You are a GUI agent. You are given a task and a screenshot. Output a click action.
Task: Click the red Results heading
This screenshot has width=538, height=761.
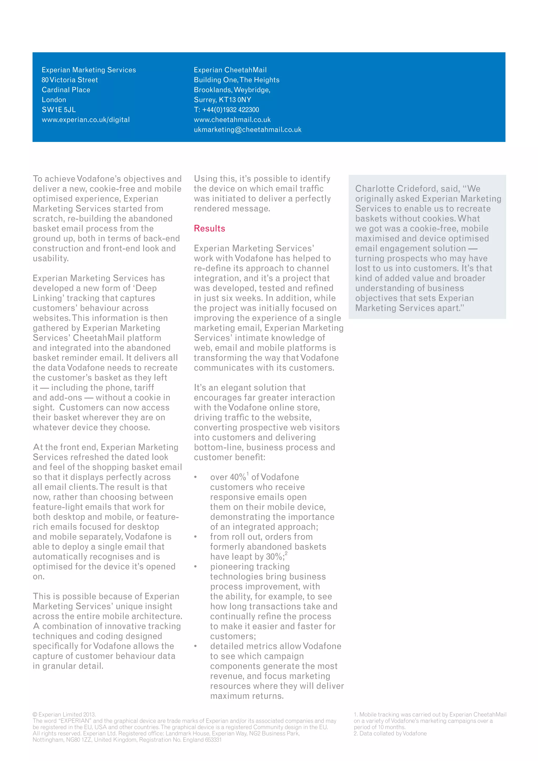point(209,228)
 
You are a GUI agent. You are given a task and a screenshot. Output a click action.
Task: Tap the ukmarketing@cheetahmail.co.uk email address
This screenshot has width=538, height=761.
point(247,130)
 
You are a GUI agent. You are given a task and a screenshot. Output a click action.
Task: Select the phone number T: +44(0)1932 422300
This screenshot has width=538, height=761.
point(226,110)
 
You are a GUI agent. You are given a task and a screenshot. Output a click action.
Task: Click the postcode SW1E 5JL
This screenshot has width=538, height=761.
point(59,110)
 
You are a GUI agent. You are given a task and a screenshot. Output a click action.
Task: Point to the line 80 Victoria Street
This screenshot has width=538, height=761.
point(70,80)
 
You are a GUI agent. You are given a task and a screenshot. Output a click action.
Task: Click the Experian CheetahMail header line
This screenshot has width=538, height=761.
point(230,70)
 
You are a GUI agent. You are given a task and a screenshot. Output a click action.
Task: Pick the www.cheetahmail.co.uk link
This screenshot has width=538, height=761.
point(232,120)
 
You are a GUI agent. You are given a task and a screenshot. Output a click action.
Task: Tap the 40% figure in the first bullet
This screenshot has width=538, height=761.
point(238,477)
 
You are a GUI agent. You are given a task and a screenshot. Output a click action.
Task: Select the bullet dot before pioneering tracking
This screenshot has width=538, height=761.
point(195,567)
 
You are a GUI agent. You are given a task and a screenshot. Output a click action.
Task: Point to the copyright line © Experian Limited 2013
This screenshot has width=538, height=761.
point(64,714)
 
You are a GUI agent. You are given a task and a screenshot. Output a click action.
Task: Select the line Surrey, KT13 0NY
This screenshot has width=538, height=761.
point(222,100)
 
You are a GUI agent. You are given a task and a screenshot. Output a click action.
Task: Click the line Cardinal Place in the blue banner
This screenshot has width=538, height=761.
point(66,90)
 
